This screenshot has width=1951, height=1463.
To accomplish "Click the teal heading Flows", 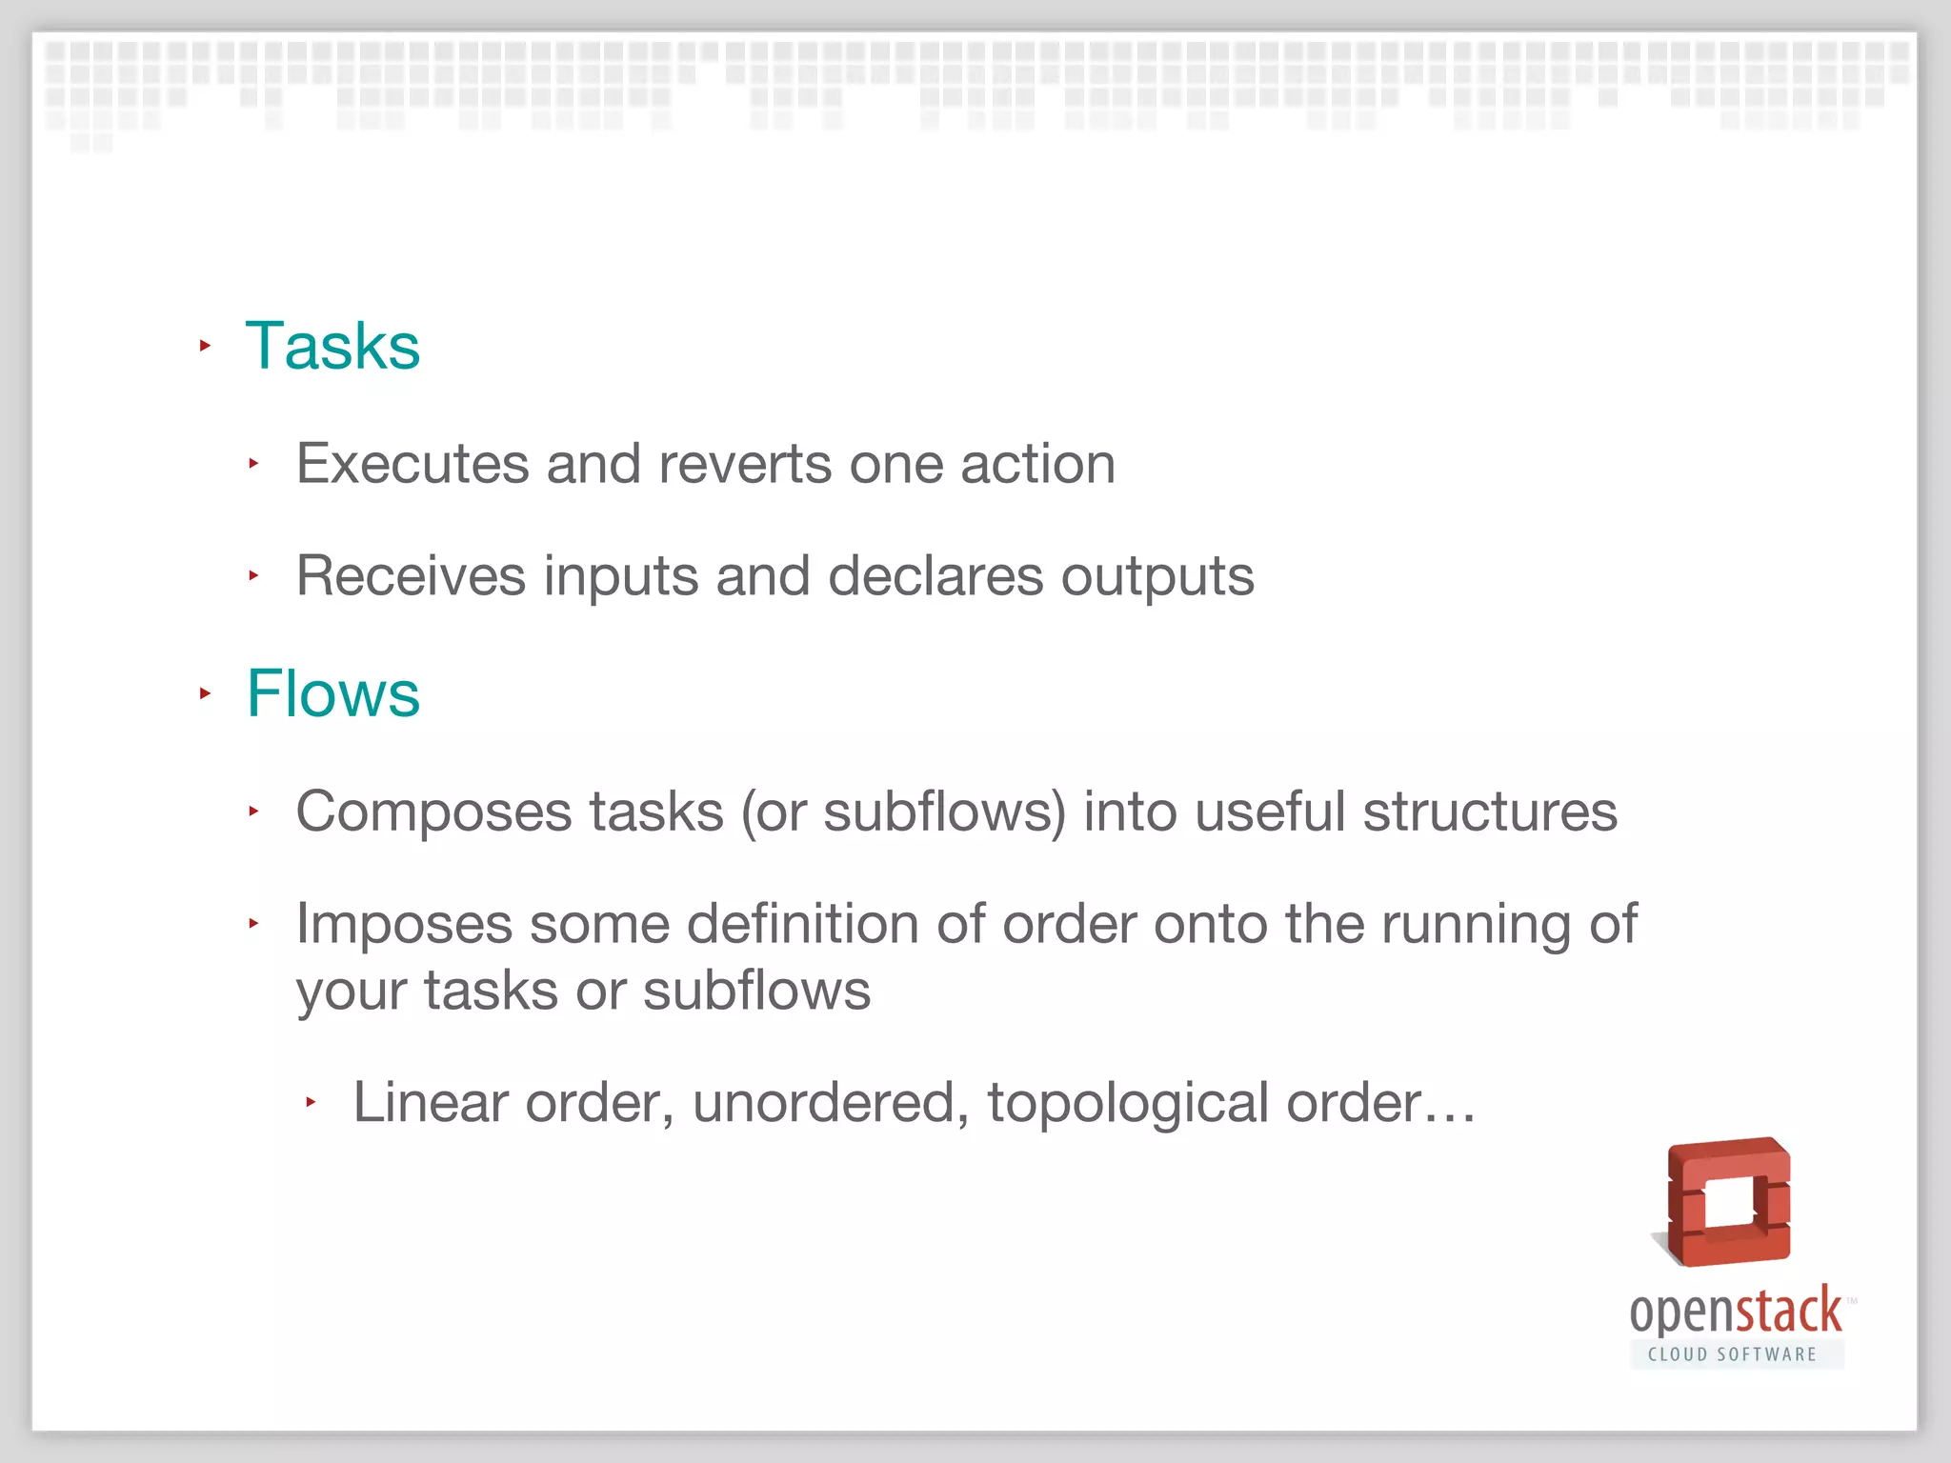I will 332,693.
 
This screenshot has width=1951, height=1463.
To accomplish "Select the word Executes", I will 412,464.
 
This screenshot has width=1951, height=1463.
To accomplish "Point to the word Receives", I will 411,576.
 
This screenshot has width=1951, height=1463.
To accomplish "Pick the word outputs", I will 1157,578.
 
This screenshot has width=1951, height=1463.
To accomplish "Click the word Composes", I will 433,812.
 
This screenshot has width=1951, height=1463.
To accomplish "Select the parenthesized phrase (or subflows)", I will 903,812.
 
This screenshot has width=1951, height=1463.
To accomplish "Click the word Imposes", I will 404,924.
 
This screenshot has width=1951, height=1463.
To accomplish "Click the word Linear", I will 431,1102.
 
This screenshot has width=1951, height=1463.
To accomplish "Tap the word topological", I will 1128,1104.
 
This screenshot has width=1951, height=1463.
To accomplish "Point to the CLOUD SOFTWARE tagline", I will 1732,1354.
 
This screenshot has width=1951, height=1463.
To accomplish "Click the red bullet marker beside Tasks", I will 205,346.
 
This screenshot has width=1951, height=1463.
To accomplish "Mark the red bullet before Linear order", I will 311,1102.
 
